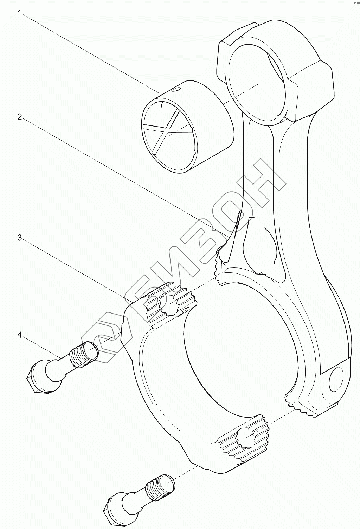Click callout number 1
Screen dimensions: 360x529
pyautogui.click(x=20, y=13)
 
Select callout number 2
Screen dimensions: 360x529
pyautogui.click(x=20, y=117)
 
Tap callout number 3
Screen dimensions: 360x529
pyautogui.click(x=20, y=238)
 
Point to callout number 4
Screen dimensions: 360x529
pyautogui.click(x=20, y=335)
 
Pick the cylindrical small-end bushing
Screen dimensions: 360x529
pyautogui.click(x=188, y=127)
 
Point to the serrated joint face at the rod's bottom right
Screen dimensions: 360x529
pyautogui.click(x=302, y=409)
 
